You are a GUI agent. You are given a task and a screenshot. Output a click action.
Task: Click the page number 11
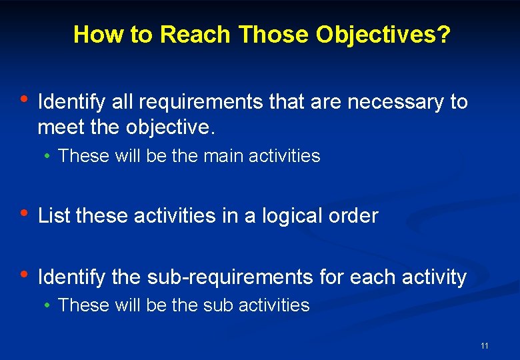pos(484,345)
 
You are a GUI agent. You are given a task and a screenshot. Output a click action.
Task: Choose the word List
pos(55,215)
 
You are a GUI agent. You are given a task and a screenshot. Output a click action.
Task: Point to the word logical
pos(292,215)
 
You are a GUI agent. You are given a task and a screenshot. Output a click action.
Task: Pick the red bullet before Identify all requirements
pos(23,99)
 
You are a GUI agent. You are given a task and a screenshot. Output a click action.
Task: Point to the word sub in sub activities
pos(219,305)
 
